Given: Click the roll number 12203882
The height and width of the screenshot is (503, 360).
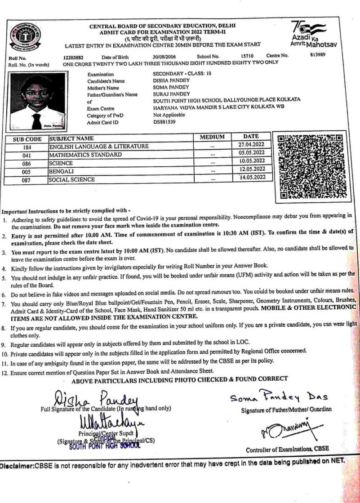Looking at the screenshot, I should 74,57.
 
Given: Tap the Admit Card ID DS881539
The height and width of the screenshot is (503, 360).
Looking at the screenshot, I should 165,121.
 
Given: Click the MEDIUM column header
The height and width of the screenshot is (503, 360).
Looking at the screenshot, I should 212,137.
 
